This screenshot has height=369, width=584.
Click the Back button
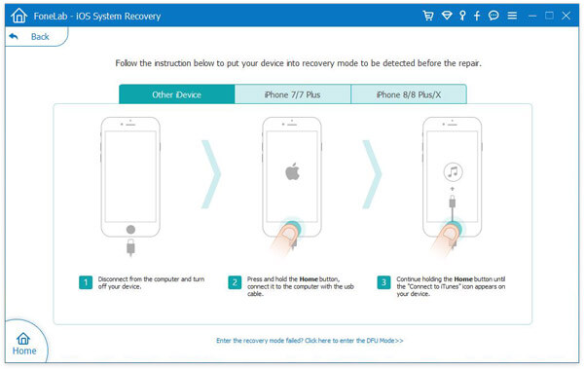[x=30, y=37]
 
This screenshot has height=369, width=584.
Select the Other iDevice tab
[x=177, y=94]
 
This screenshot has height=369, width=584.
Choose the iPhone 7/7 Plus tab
[x=293, y=94]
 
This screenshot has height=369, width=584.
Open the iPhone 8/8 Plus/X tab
[x=409, y=94]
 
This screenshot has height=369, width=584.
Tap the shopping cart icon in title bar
[x=428, y=16]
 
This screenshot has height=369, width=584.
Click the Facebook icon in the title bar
[x=477, y=16]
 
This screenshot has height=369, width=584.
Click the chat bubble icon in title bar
[x=493, y=16]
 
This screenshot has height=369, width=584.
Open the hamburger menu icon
[x=512, y=16]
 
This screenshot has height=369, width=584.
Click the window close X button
[x=566, y=16]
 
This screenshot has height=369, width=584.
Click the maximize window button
[x=549, y=16]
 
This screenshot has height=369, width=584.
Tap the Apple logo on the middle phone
[x=292, y=171]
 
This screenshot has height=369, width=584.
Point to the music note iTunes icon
[x=453, y=171]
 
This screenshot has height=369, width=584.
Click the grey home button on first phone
[x=130, y=229]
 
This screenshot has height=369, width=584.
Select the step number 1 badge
[x=86, y=282]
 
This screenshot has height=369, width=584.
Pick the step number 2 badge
[x=235, y=282]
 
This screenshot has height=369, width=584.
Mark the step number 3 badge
[x=383, y=282]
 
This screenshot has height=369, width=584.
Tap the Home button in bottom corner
[x=23, y=344]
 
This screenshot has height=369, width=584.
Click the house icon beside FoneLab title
[x=19, y=16]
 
